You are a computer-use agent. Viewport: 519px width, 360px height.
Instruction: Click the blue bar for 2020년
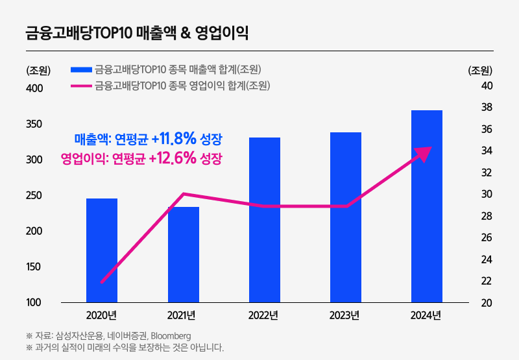pyautogui.click(x=102, y=250)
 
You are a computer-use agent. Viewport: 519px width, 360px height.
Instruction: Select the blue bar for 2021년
pyautogui.click(x=184, y=254)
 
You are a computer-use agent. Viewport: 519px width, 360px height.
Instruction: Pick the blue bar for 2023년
pyautogui.click(x=346, y=217)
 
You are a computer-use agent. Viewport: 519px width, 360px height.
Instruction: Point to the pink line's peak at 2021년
pyautogui.click(x=184, y=194)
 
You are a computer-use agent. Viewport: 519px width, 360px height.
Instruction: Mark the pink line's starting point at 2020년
pyautogui.click(x=103, y=282)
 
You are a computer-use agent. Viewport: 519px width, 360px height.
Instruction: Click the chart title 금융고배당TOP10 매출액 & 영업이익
pyautogui.click(x=137, y=33)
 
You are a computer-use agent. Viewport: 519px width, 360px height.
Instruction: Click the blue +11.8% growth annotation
pyautogui.click(x=149, y=138)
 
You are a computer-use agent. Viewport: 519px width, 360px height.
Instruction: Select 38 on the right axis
pyautogui.click(x=486, y=107)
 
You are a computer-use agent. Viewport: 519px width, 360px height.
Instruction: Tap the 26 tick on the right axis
pyautogui.click(x=486, y=237)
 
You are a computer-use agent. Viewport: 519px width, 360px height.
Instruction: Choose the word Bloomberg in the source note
pyautogui.click(x=171, y=336)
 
